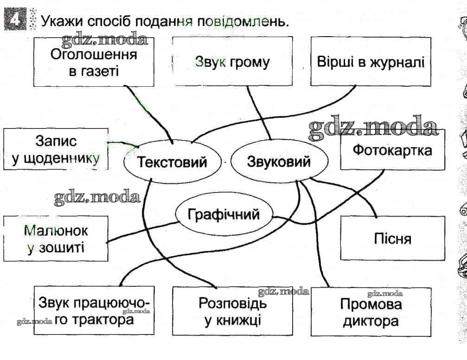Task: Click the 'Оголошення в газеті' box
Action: (94, 62)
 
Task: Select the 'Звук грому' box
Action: (232, 62)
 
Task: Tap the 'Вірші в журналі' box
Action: (371, 62)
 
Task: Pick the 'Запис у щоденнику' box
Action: (56, 149)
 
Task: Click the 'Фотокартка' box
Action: (392, 150)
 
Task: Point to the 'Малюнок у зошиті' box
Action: (56, 238)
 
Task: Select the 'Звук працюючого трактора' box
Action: (94, 311)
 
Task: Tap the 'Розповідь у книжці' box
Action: (232, 311)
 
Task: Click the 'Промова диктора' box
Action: (371, 312)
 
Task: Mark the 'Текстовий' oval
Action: (172, 162)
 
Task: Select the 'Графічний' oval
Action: (224, 214)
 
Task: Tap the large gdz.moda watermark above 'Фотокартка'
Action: (373, 127)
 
